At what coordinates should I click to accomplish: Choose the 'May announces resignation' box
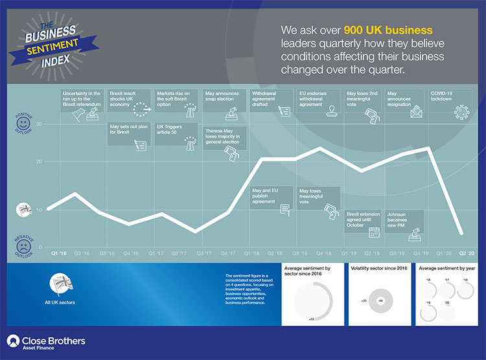(405, 104)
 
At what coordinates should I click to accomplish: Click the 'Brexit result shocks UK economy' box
(128, 104)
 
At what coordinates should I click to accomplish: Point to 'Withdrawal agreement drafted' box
(271, 104)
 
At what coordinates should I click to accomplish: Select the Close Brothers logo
(45, 342)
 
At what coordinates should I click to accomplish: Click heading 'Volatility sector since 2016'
(380, 268)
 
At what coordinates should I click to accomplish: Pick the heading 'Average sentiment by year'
(448, 268)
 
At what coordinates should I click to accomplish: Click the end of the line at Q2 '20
(461, 232)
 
